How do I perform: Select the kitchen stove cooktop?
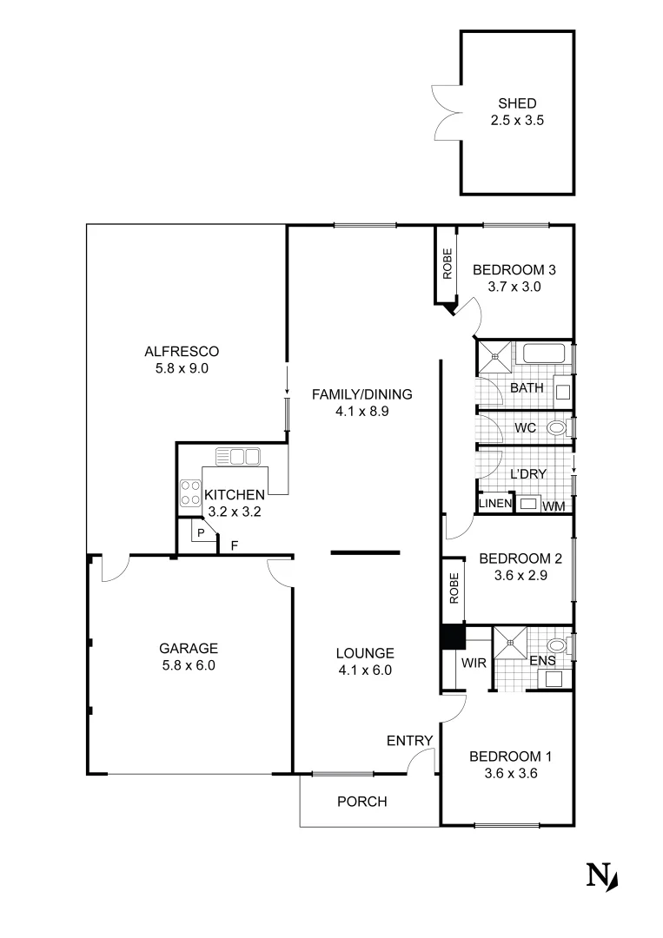pyautogui.click(x=189, y=493)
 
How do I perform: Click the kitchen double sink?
pyautogui.click(x=238, y=455)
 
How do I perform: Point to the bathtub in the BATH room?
pyautogui.click(x=541, y=354)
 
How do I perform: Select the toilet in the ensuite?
pyautogui.click(x=557, y=646)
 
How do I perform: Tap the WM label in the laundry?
pyautogui.click(x=553, y=505)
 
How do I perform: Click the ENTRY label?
pyautogui.click(x=409, y=740)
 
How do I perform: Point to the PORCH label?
pyautogui.click(x=361, y=802)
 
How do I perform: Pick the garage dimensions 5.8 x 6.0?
pyautogui.click(x=188, y=666)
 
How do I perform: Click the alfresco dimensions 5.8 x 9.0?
pyautogui.click(x=182, y=367)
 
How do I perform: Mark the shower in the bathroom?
pyautogui.click(x=494, y=356)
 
